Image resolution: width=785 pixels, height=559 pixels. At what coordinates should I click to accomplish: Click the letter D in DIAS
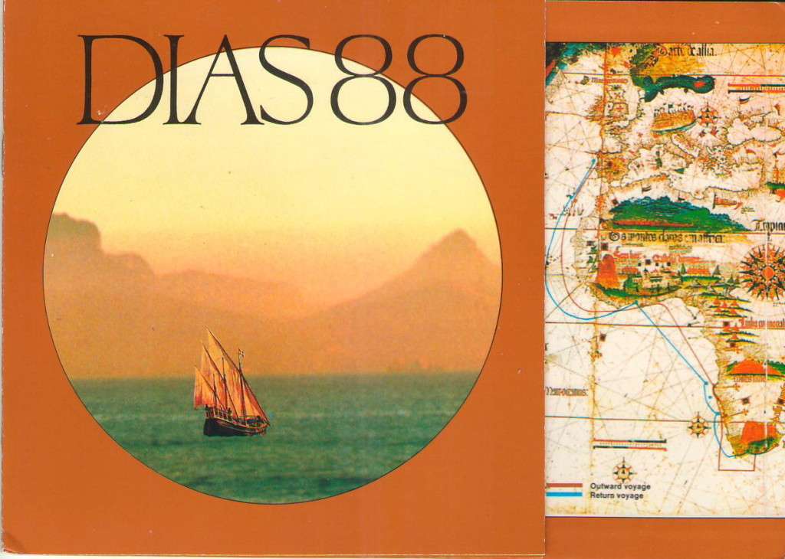115,80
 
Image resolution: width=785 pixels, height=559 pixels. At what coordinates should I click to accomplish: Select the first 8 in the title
363,80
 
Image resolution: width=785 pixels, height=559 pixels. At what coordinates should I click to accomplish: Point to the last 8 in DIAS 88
434,80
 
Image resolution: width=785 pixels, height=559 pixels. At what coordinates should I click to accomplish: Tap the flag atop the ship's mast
241,355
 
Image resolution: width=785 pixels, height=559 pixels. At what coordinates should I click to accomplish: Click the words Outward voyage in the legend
619,486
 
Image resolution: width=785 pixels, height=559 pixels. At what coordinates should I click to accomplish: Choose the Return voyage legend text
616,496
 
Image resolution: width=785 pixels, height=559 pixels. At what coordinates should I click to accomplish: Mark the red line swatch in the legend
564,485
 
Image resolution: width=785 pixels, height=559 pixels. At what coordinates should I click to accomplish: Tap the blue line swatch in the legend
564,495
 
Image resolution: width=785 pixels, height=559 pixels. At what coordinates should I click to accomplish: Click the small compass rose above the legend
622,469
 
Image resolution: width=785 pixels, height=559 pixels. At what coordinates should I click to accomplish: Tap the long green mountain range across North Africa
675,214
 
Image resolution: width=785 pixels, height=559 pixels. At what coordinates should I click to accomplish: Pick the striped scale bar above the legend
629,443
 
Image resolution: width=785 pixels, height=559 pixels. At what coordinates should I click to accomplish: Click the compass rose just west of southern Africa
698,426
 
